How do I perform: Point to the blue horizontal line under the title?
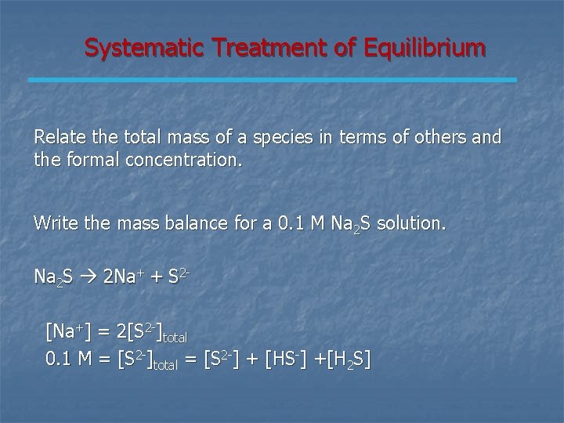tap(273, 80)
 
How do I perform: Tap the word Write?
tap(54, 223)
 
